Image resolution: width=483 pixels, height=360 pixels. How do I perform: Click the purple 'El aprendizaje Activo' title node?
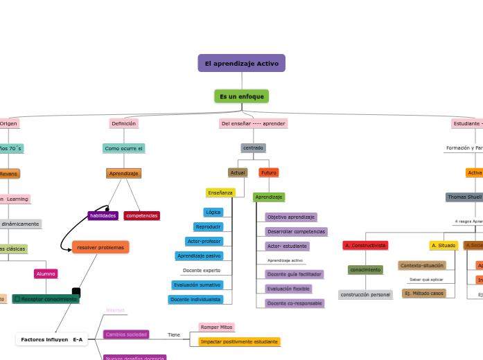click(241, 63)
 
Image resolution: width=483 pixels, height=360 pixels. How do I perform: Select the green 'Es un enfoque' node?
click(241, 96)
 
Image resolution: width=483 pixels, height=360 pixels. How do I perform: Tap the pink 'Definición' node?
click(123, 123)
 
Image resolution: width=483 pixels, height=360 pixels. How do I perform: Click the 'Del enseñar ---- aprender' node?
click(253, 123)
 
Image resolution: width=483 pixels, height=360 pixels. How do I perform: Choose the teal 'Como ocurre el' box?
click(123, 148)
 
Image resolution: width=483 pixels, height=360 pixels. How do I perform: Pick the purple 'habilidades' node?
click(103, 215)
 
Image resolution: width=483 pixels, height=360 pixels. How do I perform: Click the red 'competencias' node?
click(142, 215)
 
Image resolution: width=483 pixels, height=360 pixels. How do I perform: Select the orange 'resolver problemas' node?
click(100, 247)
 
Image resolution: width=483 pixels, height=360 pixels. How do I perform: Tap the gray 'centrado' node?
click(253, 147)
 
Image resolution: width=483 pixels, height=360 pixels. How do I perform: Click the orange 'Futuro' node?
click(269, 172)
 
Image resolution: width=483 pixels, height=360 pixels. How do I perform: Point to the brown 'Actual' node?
click(238, 172)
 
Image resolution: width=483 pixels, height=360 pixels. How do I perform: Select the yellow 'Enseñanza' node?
click(220, 192)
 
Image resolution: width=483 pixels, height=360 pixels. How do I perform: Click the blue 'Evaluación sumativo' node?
click(197, 285)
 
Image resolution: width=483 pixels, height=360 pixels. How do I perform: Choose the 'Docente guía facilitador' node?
click(294, 274)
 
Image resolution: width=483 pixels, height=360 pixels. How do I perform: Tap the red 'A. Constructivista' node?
click(365, 245)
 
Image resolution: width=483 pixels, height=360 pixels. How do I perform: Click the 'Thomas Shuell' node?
click(464, 197)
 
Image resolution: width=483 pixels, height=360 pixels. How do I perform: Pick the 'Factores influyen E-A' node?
click(52, 339)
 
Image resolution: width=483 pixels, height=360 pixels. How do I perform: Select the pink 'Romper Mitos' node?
click(216, 327)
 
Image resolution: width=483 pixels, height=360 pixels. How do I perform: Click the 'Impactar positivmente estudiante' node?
click(239, 341)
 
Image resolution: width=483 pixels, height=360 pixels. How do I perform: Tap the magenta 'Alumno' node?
click(46, 273)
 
